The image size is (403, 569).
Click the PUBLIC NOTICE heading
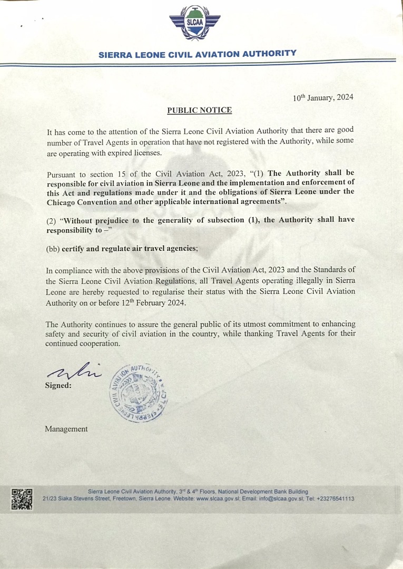click(x=199, y=110)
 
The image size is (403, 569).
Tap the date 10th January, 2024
click(x=323, y=97)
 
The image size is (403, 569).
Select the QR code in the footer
click(x=22, y=499)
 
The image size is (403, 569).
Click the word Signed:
click(x=58, y=385)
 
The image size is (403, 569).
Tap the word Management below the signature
click(x=66, y=429)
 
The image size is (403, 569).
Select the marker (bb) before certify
click(x=53, y=249)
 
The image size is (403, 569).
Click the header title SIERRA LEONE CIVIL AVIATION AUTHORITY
click(x=198, y=54)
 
